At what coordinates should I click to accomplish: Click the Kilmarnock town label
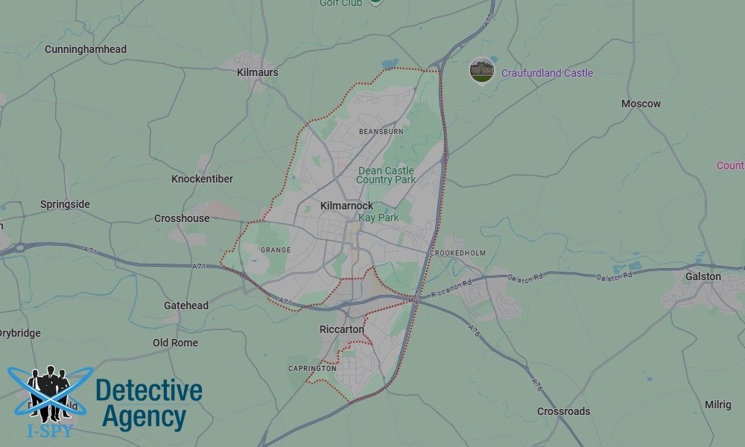point(346,206)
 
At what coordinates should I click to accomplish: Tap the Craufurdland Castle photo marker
point(482,71)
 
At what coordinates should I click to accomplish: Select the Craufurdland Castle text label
point(547,73)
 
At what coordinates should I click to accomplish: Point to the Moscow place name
point(641,104)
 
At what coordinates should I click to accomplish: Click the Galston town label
point(703,276)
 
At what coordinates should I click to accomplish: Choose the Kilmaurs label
point(257,72)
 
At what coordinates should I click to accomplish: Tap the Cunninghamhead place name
point(86,49)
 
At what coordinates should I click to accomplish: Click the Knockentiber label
point(202,179)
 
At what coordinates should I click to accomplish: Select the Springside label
point(65,204)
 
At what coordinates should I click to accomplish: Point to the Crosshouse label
point(182,218)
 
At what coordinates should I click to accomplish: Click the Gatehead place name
point(186,305)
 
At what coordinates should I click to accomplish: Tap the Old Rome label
point(175,343)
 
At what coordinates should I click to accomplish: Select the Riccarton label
point(341,329)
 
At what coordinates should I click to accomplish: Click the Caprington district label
point(312,368)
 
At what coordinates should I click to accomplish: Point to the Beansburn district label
point(381,131)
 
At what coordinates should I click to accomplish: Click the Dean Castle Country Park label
point(386,175)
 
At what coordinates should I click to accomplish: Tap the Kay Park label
point(378,218)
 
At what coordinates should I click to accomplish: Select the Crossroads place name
point(563,411)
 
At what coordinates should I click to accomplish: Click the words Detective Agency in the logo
point(149,404)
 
